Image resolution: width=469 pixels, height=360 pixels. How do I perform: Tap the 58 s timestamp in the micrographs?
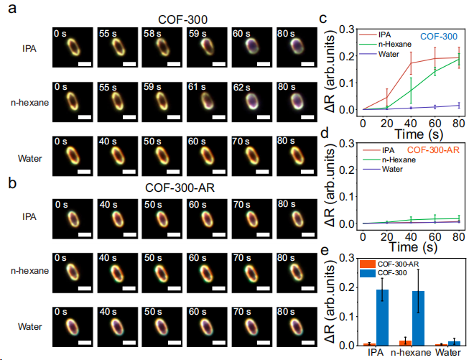pos(152,33)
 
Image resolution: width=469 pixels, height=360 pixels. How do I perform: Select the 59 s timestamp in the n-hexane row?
pos(152,88)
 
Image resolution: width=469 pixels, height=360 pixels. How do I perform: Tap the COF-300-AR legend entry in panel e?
pos(399,264)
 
